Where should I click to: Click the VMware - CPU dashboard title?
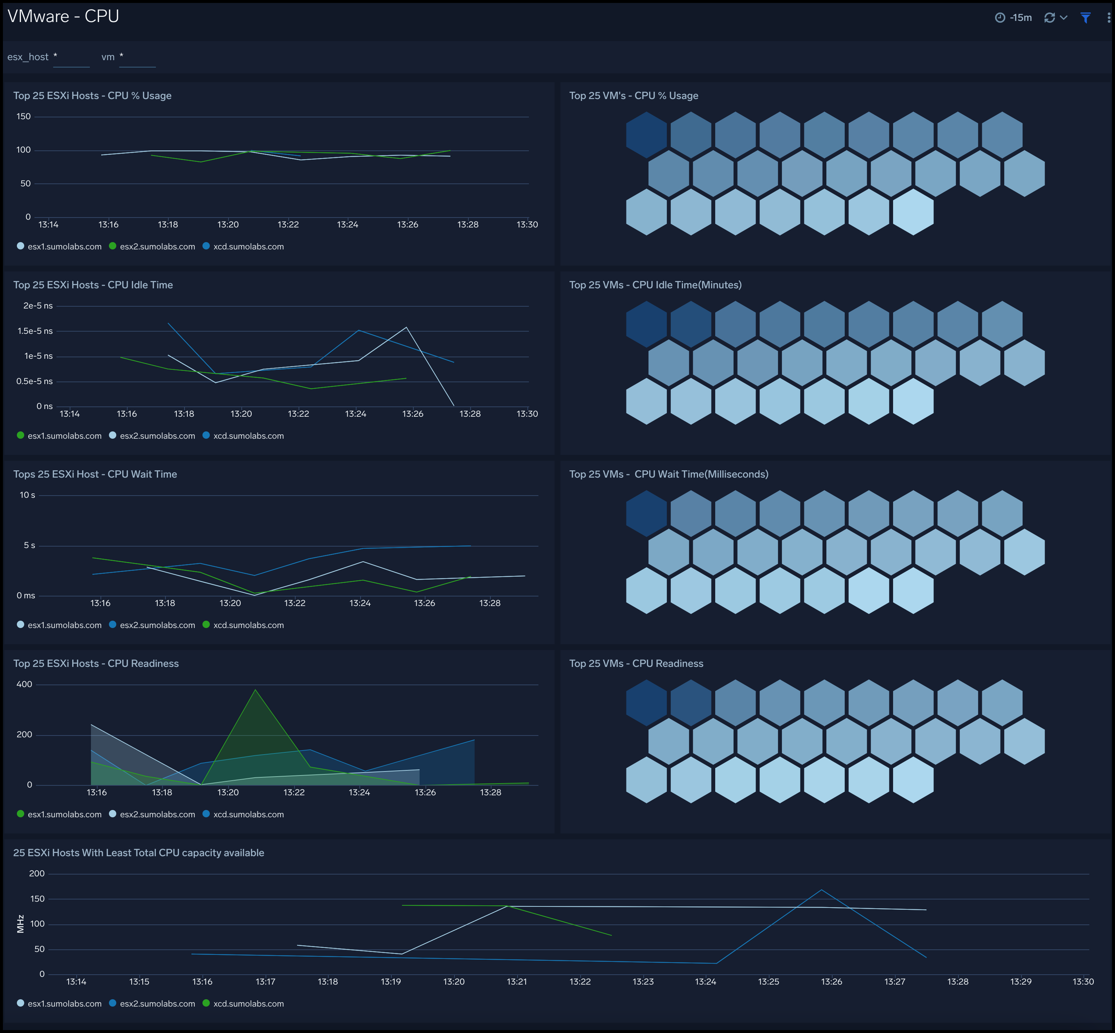pos(63,16)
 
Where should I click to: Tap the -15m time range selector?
pos(1020,18)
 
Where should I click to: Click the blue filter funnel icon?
pos(1085,18)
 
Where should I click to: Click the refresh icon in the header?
pos(1049,18)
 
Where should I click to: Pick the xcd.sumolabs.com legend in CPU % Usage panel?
pos(248,247)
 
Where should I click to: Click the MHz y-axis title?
pos(21,924)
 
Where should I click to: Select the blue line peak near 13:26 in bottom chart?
pos(821,890)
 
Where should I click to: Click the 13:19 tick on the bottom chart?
pos(391,982)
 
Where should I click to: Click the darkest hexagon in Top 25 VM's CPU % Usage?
pos(646,135)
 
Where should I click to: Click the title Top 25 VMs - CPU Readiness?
pos(636,664)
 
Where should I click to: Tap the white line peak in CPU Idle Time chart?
pos(406,328)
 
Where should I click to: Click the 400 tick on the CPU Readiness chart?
pos(24,684)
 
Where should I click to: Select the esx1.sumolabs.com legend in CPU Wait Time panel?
pos(64,625)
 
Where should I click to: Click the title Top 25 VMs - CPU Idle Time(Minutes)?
pos(655,285)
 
